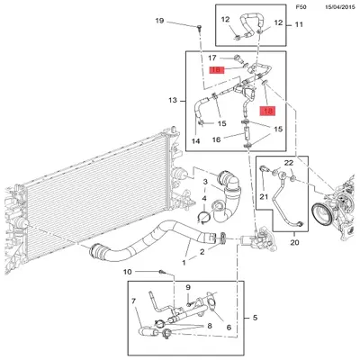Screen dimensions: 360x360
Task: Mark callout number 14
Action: coord(194,141)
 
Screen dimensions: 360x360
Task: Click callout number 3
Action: coord(204,183)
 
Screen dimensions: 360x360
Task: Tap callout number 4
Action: coord(204,199)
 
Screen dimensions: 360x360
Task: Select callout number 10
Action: coord(128,271)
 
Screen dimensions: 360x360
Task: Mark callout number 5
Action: coord(254,319)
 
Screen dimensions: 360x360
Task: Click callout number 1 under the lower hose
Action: coord(185,263)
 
